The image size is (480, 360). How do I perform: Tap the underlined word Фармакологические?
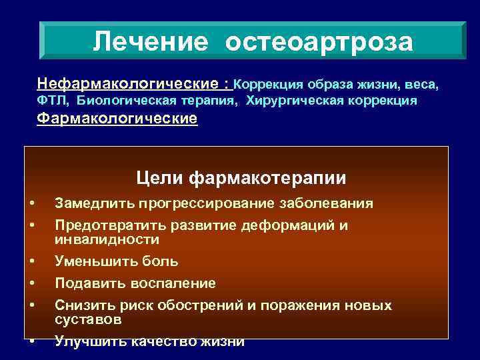[117, 119]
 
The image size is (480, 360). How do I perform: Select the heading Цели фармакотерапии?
[241, 178]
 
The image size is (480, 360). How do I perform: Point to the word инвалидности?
[107, 239]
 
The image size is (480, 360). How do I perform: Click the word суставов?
[88, 319]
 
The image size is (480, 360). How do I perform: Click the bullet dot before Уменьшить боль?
[31, 261]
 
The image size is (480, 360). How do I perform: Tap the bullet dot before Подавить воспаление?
[31, 283]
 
